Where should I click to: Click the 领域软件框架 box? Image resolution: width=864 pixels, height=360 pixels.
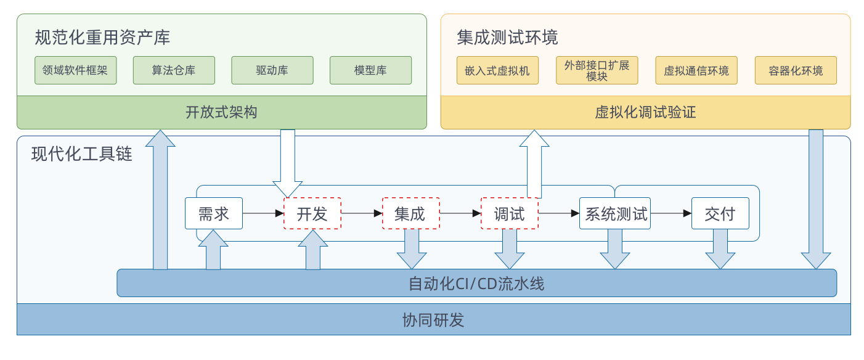pos(76,70)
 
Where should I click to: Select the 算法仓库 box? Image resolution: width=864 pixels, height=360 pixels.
pos(174,70)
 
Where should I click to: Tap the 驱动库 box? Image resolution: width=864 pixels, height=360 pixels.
pos(272,70)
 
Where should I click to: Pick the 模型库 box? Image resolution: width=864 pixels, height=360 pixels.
pos(370,70)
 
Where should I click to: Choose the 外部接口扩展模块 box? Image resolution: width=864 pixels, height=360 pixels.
pos(597,71)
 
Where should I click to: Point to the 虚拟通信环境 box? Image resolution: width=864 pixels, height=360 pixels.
pos(696,71)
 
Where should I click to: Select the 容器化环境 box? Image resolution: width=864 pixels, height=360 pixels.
pos(796,71)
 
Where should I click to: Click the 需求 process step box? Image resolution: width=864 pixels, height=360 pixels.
pos(214,213)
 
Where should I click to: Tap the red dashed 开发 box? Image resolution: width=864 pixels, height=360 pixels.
pos(312,213)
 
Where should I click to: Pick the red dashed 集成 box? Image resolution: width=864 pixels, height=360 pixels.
pos(410,213)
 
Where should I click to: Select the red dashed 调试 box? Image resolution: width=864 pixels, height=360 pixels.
pos(509,213)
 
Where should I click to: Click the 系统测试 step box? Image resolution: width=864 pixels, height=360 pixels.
pos(615,213)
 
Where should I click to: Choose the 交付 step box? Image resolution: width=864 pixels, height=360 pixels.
pos(720,213)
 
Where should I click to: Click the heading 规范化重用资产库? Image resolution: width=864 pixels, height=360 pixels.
pos(102,38)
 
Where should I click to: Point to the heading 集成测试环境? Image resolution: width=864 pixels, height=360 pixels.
pos(507,38)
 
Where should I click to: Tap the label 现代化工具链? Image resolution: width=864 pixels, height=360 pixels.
pos(82,153)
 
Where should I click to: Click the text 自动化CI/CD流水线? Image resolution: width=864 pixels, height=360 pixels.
pos(476,284)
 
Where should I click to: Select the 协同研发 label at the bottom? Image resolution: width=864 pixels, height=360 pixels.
pos(433,320)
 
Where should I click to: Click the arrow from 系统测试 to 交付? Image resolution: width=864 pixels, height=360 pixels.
pos(671,213)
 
